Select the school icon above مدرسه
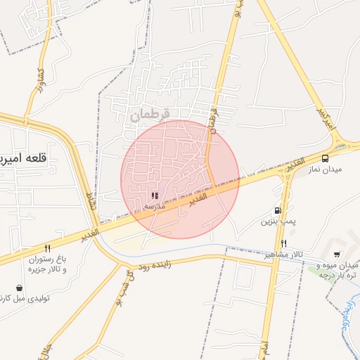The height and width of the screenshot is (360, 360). [155, 196]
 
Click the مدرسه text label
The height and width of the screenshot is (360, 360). [155, 208]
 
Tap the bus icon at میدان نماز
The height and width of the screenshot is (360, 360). [325, 159]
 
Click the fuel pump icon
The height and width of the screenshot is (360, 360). [278, 210]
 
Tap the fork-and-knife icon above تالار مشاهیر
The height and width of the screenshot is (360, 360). [283, 244]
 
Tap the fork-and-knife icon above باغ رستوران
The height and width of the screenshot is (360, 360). [47, 247]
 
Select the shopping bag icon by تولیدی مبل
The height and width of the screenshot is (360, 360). [19, 288]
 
